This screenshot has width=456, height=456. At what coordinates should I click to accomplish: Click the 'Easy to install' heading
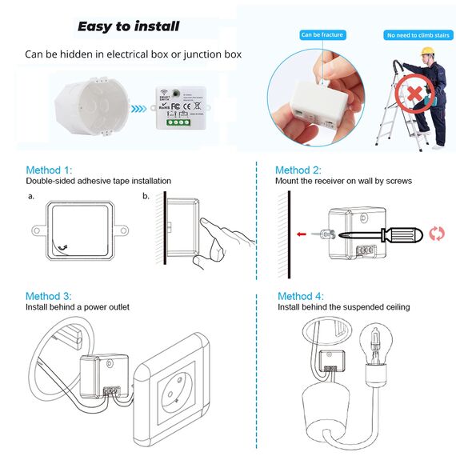click(x=128, y=26)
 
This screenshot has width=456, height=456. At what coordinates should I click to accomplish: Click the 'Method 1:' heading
click(x=49, y=170)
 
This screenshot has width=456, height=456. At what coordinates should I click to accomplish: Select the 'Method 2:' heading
click(x=298, y=170)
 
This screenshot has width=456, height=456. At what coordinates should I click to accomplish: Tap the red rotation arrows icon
click(x=436, y=234)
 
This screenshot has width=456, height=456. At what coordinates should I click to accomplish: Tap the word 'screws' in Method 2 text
click(x=398, y=182)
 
